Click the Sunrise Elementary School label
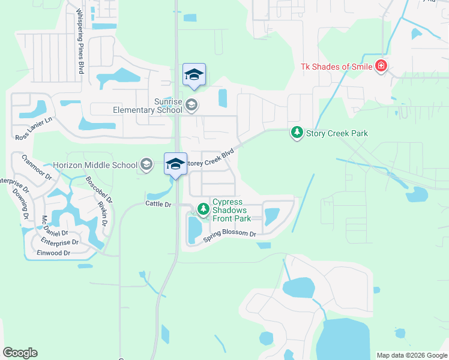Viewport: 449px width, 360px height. point(147,104)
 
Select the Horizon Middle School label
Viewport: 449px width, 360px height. point(95,164)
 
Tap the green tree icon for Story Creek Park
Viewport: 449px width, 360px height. point(297,133)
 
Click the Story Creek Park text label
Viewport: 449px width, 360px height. point(337,133)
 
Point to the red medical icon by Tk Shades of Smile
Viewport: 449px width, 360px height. point(381,66)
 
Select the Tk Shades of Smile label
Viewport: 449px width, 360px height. point(337,67)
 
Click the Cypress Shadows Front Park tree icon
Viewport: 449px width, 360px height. point(203,209)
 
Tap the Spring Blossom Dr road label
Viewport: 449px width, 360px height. point(229,236)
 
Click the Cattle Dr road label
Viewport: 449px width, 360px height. point(158,205)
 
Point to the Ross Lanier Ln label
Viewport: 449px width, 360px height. point(34,129)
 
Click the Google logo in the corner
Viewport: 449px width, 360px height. point(20,353)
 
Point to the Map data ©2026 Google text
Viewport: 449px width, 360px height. point(411,355)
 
